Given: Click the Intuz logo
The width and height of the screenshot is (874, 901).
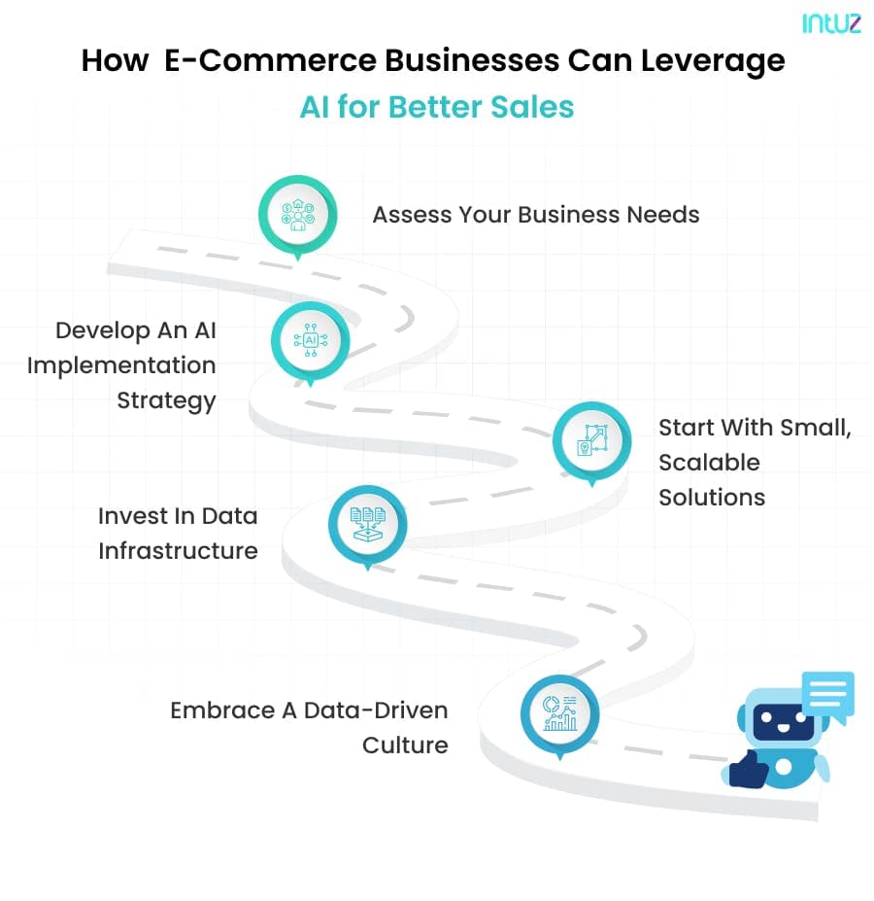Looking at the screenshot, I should tap(831, 23).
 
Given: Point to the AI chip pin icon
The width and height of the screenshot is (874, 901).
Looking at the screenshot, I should tap(310, 339).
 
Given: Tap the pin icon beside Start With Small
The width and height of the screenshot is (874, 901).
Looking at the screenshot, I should tap(591, 441).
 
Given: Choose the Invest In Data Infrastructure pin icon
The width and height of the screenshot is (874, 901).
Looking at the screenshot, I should tap(367, 526).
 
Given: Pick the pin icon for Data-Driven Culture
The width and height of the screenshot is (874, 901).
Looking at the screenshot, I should tap(558, 715).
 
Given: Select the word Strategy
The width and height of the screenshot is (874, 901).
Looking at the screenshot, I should tap(166, 400).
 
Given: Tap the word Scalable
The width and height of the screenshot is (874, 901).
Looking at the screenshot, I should tap(710, 463).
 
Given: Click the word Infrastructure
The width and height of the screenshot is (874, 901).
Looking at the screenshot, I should tap(178, 551).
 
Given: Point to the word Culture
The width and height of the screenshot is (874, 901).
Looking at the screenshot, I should tap(405, 745).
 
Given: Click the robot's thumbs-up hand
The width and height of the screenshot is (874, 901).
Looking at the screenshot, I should tap(748, 768).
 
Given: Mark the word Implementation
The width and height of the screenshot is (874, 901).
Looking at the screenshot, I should tap(121, 365).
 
